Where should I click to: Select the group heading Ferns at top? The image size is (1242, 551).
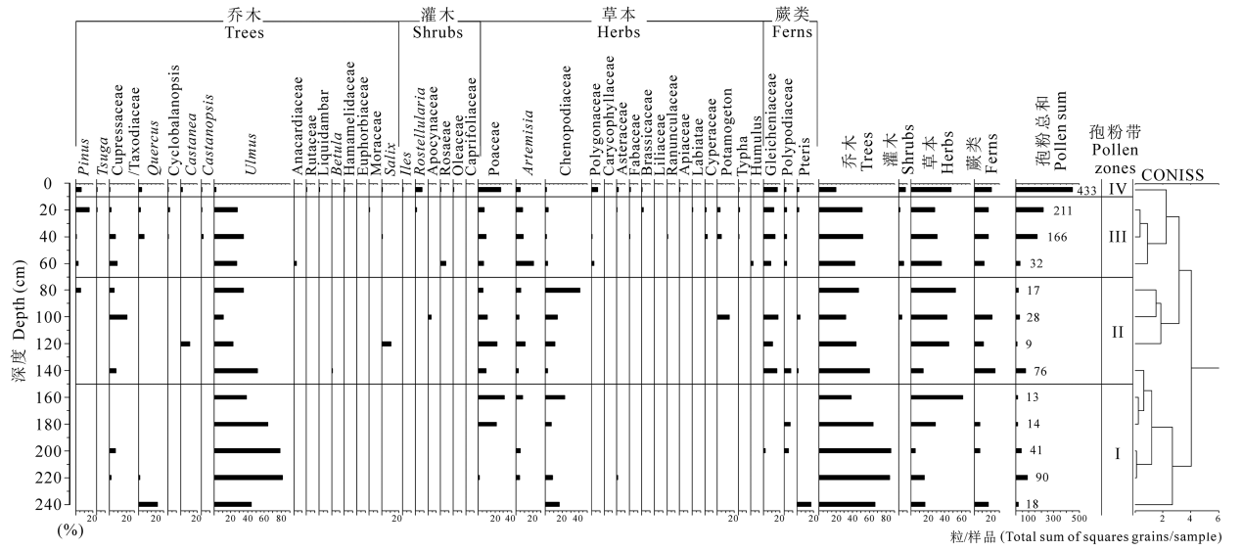[790, 32]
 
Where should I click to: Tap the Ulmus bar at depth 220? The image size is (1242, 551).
[249, 478]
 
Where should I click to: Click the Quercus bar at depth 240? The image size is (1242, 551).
[148, 504]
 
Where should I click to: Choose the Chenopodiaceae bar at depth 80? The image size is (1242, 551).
[563, 291]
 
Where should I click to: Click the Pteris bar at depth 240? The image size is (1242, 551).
[805, 504]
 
